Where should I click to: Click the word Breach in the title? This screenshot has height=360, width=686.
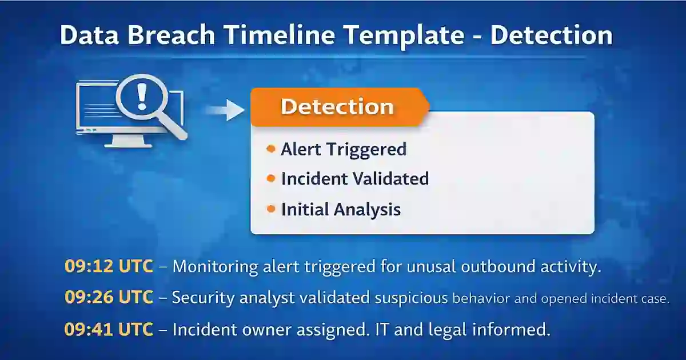pyautogui.click(x=159, y=35)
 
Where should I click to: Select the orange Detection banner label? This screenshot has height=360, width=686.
pyautogui.click(x=337, y=107)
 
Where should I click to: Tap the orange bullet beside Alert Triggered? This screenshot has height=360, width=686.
pyautogui.click(x=271, y=149)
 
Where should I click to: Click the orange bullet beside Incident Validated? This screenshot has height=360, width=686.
pyautogui.click(x=271, y=179)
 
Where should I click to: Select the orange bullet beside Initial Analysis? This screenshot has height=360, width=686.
pyautogui.click(x=271, y=209)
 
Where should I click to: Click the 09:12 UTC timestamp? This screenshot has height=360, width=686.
pyautogui.click(x=109, y=266)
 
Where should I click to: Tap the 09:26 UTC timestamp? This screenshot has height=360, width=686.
pyautogui.click(x=109, y=298)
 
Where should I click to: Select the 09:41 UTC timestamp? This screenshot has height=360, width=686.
pyautogui.click(x=109, y=330)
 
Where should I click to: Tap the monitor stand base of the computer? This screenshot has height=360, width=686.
pyautogui.click(x=128, y=145)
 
